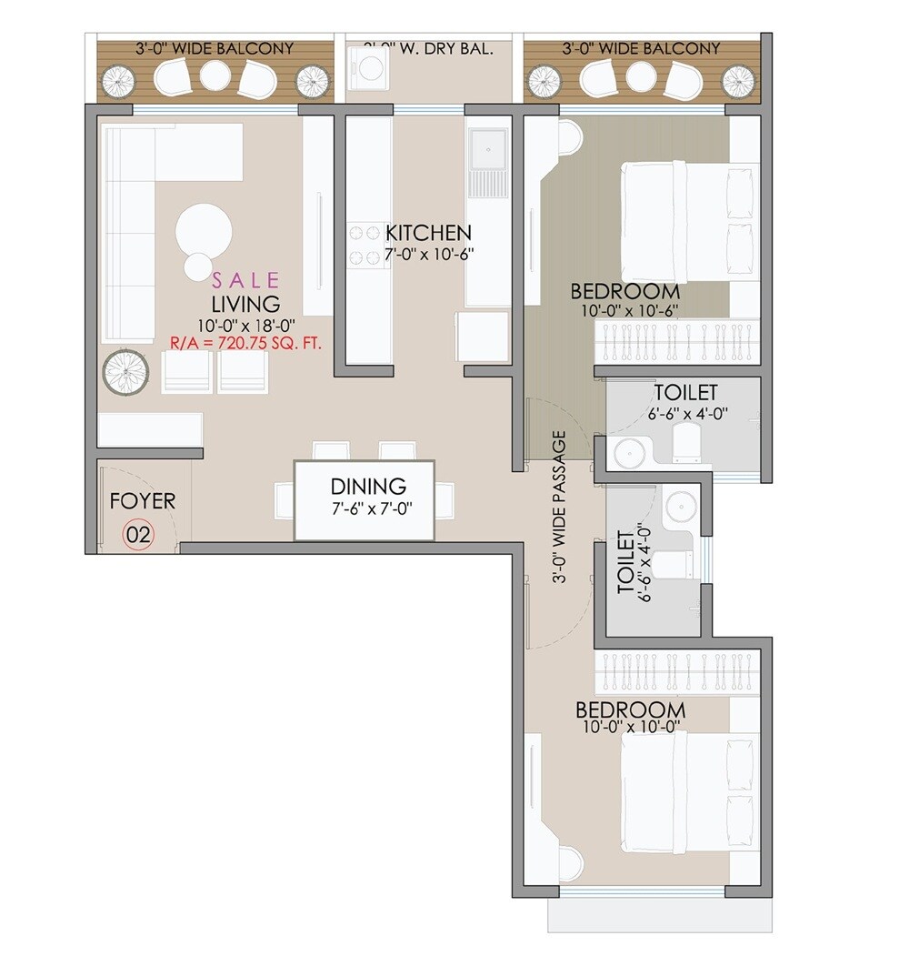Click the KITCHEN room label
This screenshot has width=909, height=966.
pyautogui.click(x=428, y=233)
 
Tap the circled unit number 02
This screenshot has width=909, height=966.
pyautogui.click(x=138, y=535)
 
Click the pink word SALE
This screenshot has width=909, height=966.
pyautogui.click(x=245, y=280)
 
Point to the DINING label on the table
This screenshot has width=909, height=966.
pyautogui.click(x=368, y=487)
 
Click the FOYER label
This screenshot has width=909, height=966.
pyautogui.click(x=143, y=501)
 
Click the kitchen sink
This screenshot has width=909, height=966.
pyautogui.click(x=489, y=146)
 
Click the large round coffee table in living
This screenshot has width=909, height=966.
pyautogui.click(x=203, y=230)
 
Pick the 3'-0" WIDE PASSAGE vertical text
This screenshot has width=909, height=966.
pyautogui.click(x=559, y=507)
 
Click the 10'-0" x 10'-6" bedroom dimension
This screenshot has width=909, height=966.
pyautogui.click(x=625, y=310)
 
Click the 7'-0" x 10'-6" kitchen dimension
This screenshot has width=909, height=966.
pyautogui.click(x=428, y=256)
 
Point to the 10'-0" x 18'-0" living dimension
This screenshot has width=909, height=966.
pyautogui.click(x=245, y=325)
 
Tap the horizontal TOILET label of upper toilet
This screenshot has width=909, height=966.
pyautogui.click(x=685, y=393)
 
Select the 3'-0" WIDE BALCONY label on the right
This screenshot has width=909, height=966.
pyautogui.click(x=641, y=48)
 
